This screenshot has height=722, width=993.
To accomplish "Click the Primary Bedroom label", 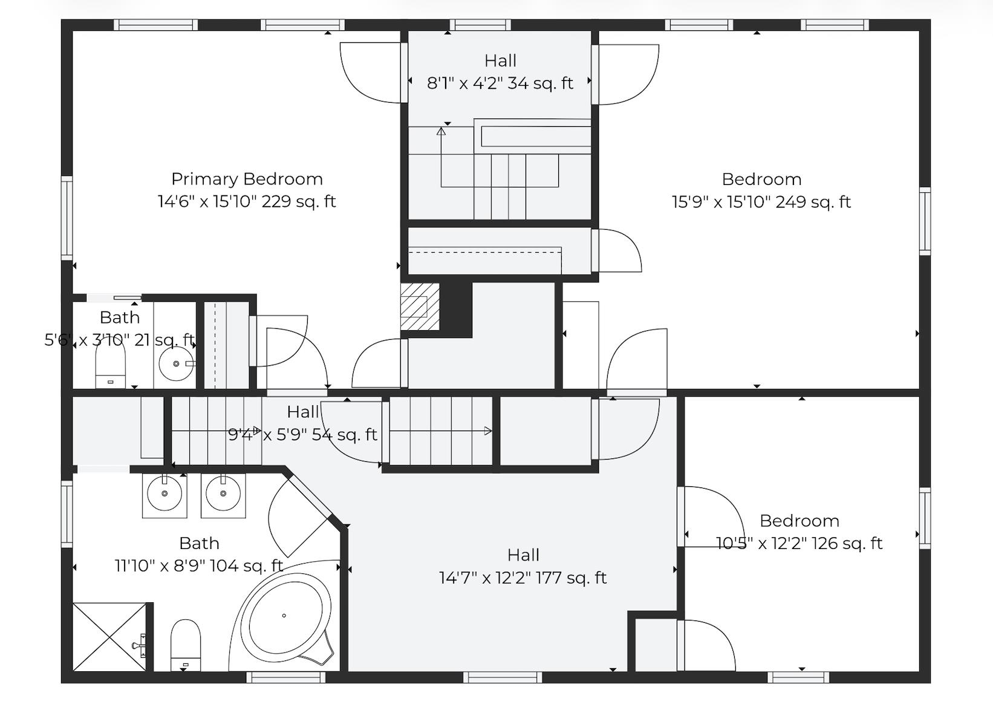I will pos(247,179).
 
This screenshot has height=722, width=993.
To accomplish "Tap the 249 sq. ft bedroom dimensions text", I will pos(761,202).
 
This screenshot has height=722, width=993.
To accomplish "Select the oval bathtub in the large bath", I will pos(285,617).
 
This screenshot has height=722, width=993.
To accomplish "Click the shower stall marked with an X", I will pos(109,636).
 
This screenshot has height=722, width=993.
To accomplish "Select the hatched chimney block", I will pos(420,307).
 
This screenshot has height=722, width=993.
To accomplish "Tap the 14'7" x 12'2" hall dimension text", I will pos(523,578).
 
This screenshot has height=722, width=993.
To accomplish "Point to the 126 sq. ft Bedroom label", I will pos(799,521).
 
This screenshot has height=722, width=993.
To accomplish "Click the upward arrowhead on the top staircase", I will pos(441,130).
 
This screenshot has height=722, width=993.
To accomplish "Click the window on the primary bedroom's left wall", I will pos(67,218).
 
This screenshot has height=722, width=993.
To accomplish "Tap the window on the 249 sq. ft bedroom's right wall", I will pos(925,221).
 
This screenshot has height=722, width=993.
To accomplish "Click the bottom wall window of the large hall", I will pos(503,677).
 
